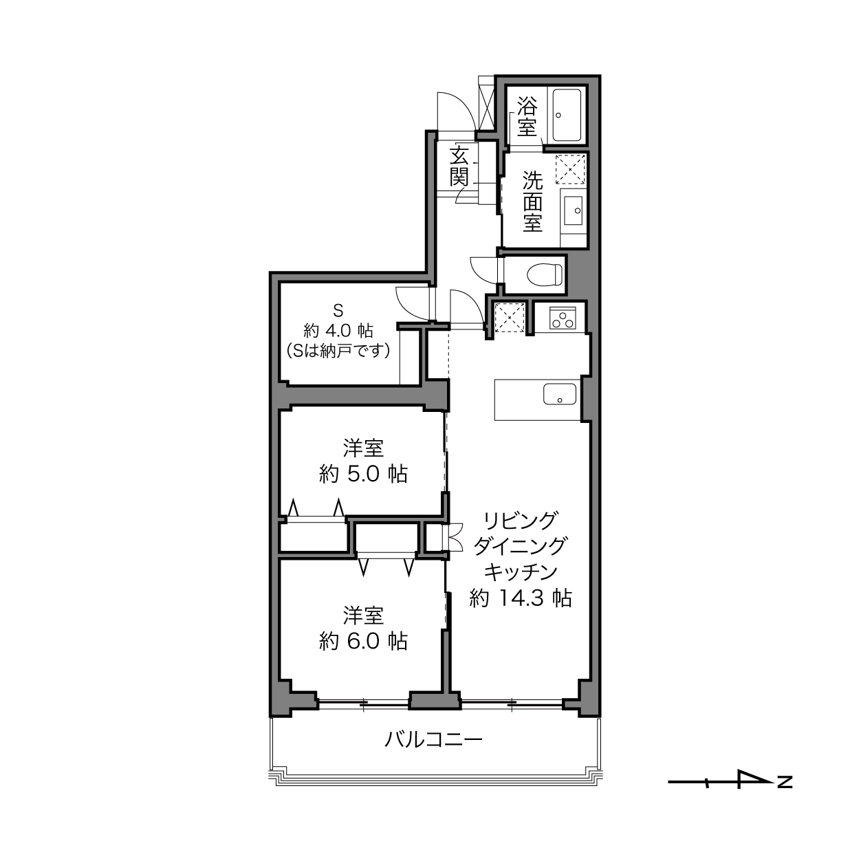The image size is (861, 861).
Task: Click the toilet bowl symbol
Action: [x=545, y=274]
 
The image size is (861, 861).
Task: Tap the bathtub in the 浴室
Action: [x=567, y=115]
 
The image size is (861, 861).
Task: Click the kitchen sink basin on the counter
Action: [x=559, y=394]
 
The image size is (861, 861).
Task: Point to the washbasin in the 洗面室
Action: [x=573, y=210]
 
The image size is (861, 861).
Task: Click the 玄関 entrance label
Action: [x=459, y=165]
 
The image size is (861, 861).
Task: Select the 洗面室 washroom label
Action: [x=532, y=201]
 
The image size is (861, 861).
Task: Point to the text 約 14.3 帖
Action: [x=521, y=598]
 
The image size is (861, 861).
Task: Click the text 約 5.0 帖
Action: [x=363, y=474]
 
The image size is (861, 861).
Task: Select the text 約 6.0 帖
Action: [x=363, y=642]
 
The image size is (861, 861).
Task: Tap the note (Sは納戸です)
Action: [x=338, y=351]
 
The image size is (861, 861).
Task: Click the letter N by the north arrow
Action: [x=785, y=783]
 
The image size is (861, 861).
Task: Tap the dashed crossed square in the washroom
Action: [x=570, y=169]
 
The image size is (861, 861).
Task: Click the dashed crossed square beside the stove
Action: [x=510, y=317]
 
